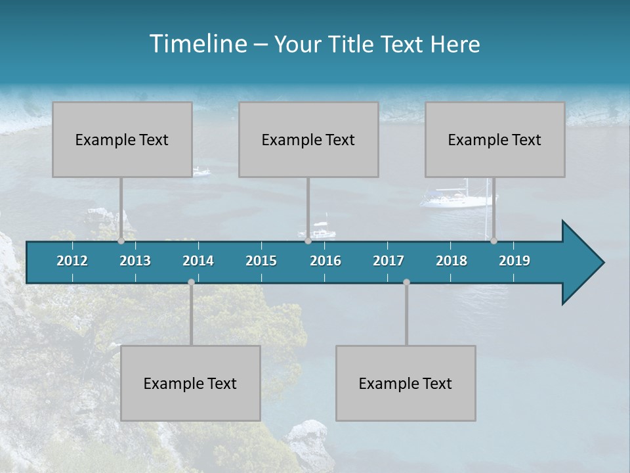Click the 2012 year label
(72, 261)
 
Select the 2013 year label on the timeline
(135, 261)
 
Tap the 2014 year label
(198, 261)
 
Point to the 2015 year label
(261, 261)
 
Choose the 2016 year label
(325, 261)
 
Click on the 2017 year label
(388, 261)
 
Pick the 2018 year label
(451, 261)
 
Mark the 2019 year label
(514, 261)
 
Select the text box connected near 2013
(122, 139)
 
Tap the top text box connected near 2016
(308, 139)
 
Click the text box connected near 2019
(495, 139)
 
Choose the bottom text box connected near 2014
(190, 383)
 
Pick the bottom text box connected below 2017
(406, 383)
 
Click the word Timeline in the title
(197, 44)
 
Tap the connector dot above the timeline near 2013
(121, 241)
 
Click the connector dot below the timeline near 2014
(191, 282)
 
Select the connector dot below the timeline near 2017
(406, 282)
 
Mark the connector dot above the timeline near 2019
(493, 241)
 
